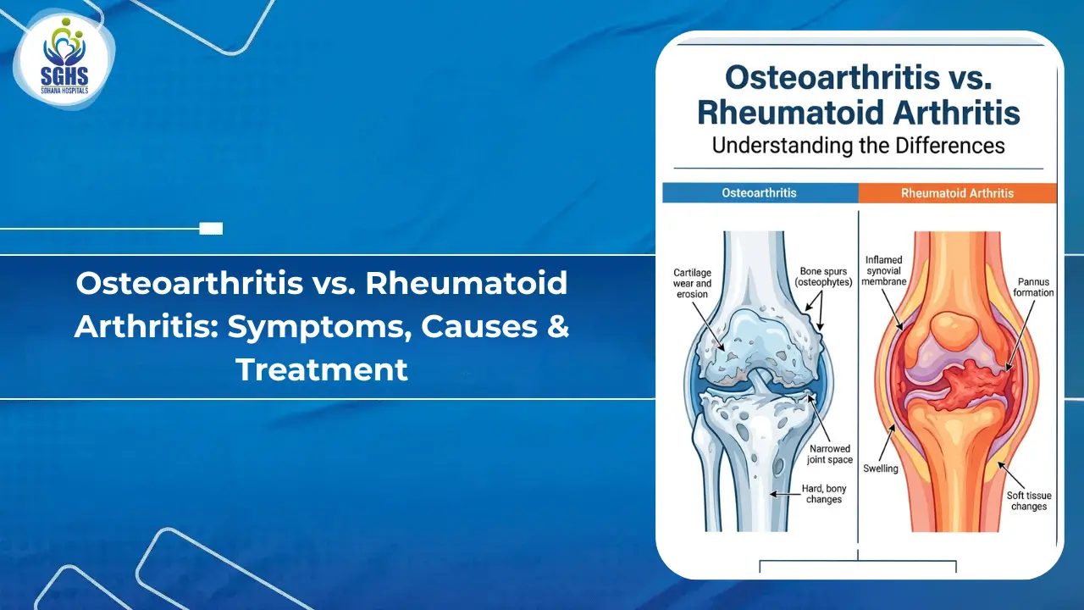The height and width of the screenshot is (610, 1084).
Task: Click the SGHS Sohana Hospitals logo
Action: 64,61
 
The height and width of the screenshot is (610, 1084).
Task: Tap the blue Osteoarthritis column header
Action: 759,193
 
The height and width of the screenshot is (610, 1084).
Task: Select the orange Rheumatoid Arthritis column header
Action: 957,193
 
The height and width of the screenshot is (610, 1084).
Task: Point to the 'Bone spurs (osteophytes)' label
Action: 824,276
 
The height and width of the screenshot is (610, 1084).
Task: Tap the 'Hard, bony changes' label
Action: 824,494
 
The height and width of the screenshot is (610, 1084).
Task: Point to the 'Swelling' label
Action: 880,469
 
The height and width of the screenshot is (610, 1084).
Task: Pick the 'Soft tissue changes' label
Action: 1027,501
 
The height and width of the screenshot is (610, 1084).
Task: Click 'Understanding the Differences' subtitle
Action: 858,146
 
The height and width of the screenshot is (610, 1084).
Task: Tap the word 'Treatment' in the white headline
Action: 322,369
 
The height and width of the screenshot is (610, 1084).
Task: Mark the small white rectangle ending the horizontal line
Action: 211,228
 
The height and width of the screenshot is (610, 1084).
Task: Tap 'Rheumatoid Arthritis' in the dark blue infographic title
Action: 858,112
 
